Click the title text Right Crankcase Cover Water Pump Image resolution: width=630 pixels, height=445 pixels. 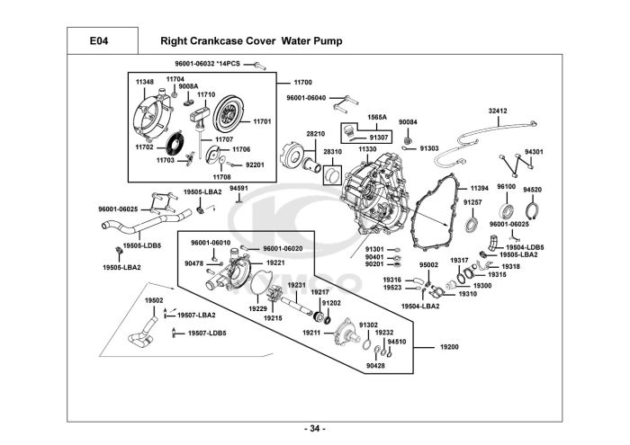coord(250,40)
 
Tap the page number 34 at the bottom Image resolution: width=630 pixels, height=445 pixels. coord(314,427)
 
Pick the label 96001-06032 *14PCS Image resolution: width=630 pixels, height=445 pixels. coord(208,64)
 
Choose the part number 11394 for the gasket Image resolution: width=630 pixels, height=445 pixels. coord(479,188)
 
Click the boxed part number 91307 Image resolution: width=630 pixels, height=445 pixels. coord(379,138)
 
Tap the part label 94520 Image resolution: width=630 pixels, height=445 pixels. coord(533,190)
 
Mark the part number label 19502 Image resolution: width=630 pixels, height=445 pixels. coord(154,300)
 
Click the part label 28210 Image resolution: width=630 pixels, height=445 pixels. coord(315,133)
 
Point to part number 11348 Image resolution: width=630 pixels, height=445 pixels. coord(145,82)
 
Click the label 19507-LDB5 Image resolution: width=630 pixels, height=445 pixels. coord(207,333)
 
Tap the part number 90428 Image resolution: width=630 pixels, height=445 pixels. coord(375,366)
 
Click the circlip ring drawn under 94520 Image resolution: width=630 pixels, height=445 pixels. coord(533,213)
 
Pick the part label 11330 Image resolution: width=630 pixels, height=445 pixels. coord(367,148)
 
